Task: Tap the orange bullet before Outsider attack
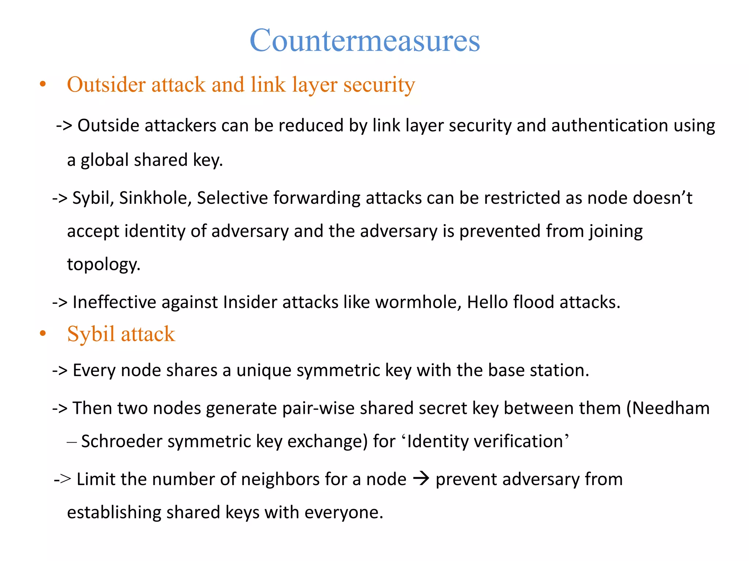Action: pos(43,84)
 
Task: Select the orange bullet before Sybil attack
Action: pos(43,333)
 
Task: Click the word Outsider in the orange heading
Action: pos(106,85)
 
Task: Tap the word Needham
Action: pos(671,408)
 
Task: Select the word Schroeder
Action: pos(122,442)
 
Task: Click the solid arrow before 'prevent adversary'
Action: pos(421,478)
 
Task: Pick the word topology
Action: pos(103,265)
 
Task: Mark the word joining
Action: pos(616,232)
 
